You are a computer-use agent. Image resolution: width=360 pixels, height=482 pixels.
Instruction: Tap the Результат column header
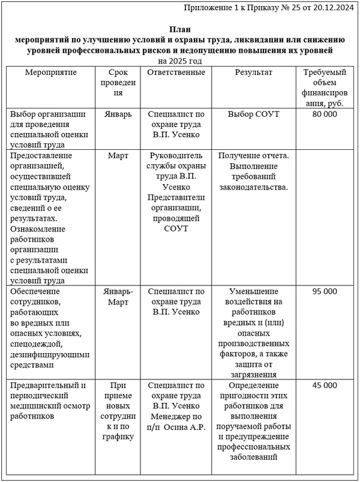253,73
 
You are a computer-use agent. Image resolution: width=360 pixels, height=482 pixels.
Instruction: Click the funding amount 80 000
325,114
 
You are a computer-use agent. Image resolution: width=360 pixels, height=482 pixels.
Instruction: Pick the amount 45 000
325,385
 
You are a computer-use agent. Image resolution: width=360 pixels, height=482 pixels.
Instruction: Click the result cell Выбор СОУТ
253,114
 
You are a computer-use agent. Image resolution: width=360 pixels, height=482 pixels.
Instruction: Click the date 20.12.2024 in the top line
333,8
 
